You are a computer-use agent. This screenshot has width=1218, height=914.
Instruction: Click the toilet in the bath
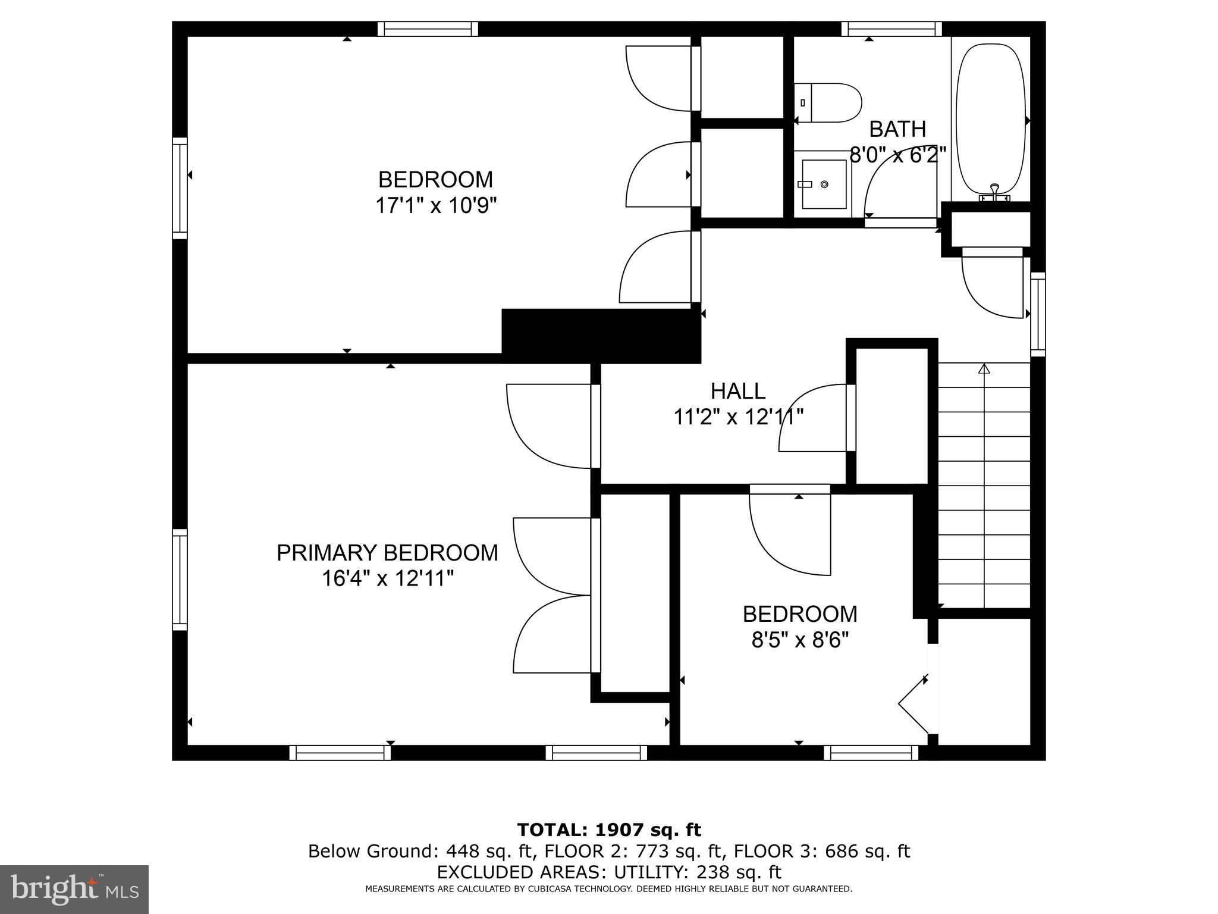click(828, 103)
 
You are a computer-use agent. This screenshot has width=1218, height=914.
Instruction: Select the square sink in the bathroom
click(824, 184)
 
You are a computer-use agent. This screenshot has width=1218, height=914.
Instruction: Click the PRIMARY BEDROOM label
click(387, 553)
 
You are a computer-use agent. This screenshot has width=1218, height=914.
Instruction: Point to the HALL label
click(737, 391)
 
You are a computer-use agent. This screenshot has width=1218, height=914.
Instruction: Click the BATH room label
click(897, 129)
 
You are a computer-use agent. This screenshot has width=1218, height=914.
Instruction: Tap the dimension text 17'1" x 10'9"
click(435, 206)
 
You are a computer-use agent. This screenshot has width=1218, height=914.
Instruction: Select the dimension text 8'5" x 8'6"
click(799, 640)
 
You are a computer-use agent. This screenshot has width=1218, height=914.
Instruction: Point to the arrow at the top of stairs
click(984, 369)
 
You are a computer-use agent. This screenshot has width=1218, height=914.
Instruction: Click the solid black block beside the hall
click(601, 335)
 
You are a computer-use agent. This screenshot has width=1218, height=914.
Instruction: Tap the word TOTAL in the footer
click(552, 830)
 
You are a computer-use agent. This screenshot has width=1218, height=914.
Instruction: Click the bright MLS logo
click(74, 889)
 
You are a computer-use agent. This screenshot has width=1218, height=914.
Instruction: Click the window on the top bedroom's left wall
click(180, 188)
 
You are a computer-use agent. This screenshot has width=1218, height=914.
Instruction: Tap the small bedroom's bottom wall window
click(871, 753)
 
